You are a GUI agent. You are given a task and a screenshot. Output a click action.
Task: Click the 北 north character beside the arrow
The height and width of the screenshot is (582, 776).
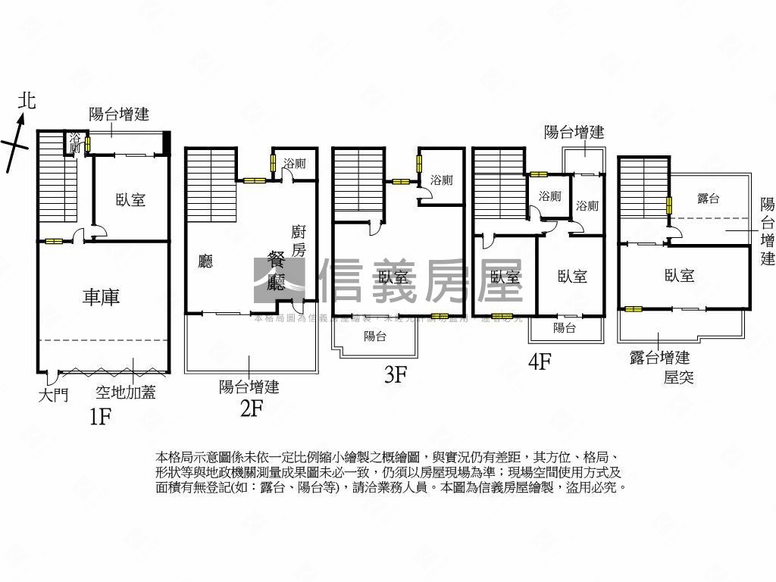click(x=27, y=101)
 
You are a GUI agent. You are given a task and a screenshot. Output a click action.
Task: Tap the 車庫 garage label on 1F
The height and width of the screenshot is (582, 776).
click(x=101, y=297)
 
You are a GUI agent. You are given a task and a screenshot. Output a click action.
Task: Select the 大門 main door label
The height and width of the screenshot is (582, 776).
click(x=53, y=395)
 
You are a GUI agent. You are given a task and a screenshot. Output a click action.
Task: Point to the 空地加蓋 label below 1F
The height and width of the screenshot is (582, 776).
click(x=125, y=393)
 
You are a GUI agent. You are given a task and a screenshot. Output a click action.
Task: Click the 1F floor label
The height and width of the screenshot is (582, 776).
click(x=101, y=417)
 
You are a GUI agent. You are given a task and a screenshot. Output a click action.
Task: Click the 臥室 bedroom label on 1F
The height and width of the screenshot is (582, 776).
click(x=130, y=200)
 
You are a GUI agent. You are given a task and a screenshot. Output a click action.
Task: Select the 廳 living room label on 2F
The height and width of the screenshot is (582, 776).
click(x=205, y=261)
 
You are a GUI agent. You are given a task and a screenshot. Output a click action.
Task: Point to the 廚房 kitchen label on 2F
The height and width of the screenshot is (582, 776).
click(x=299, y=242)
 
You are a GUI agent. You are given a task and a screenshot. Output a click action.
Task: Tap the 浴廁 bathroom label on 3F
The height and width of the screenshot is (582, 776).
click(x=441, y=180)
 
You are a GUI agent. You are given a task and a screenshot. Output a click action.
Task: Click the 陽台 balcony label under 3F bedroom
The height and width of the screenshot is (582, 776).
click(x=374, y=336)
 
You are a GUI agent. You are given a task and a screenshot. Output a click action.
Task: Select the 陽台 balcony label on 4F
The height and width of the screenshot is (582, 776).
click(x=564, y=328)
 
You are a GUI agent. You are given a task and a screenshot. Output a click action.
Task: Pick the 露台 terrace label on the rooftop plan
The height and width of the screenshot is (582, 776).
click(x=708, y=198)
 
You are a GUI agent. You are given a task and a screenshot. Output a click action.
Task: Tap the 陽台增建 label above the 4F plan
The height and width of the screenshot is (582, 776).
click(x=574, y=133)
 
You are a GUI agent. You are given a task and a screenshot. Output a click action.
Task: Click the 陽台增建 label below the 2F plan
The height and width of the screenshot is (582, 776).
click(x=249, y=387)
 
